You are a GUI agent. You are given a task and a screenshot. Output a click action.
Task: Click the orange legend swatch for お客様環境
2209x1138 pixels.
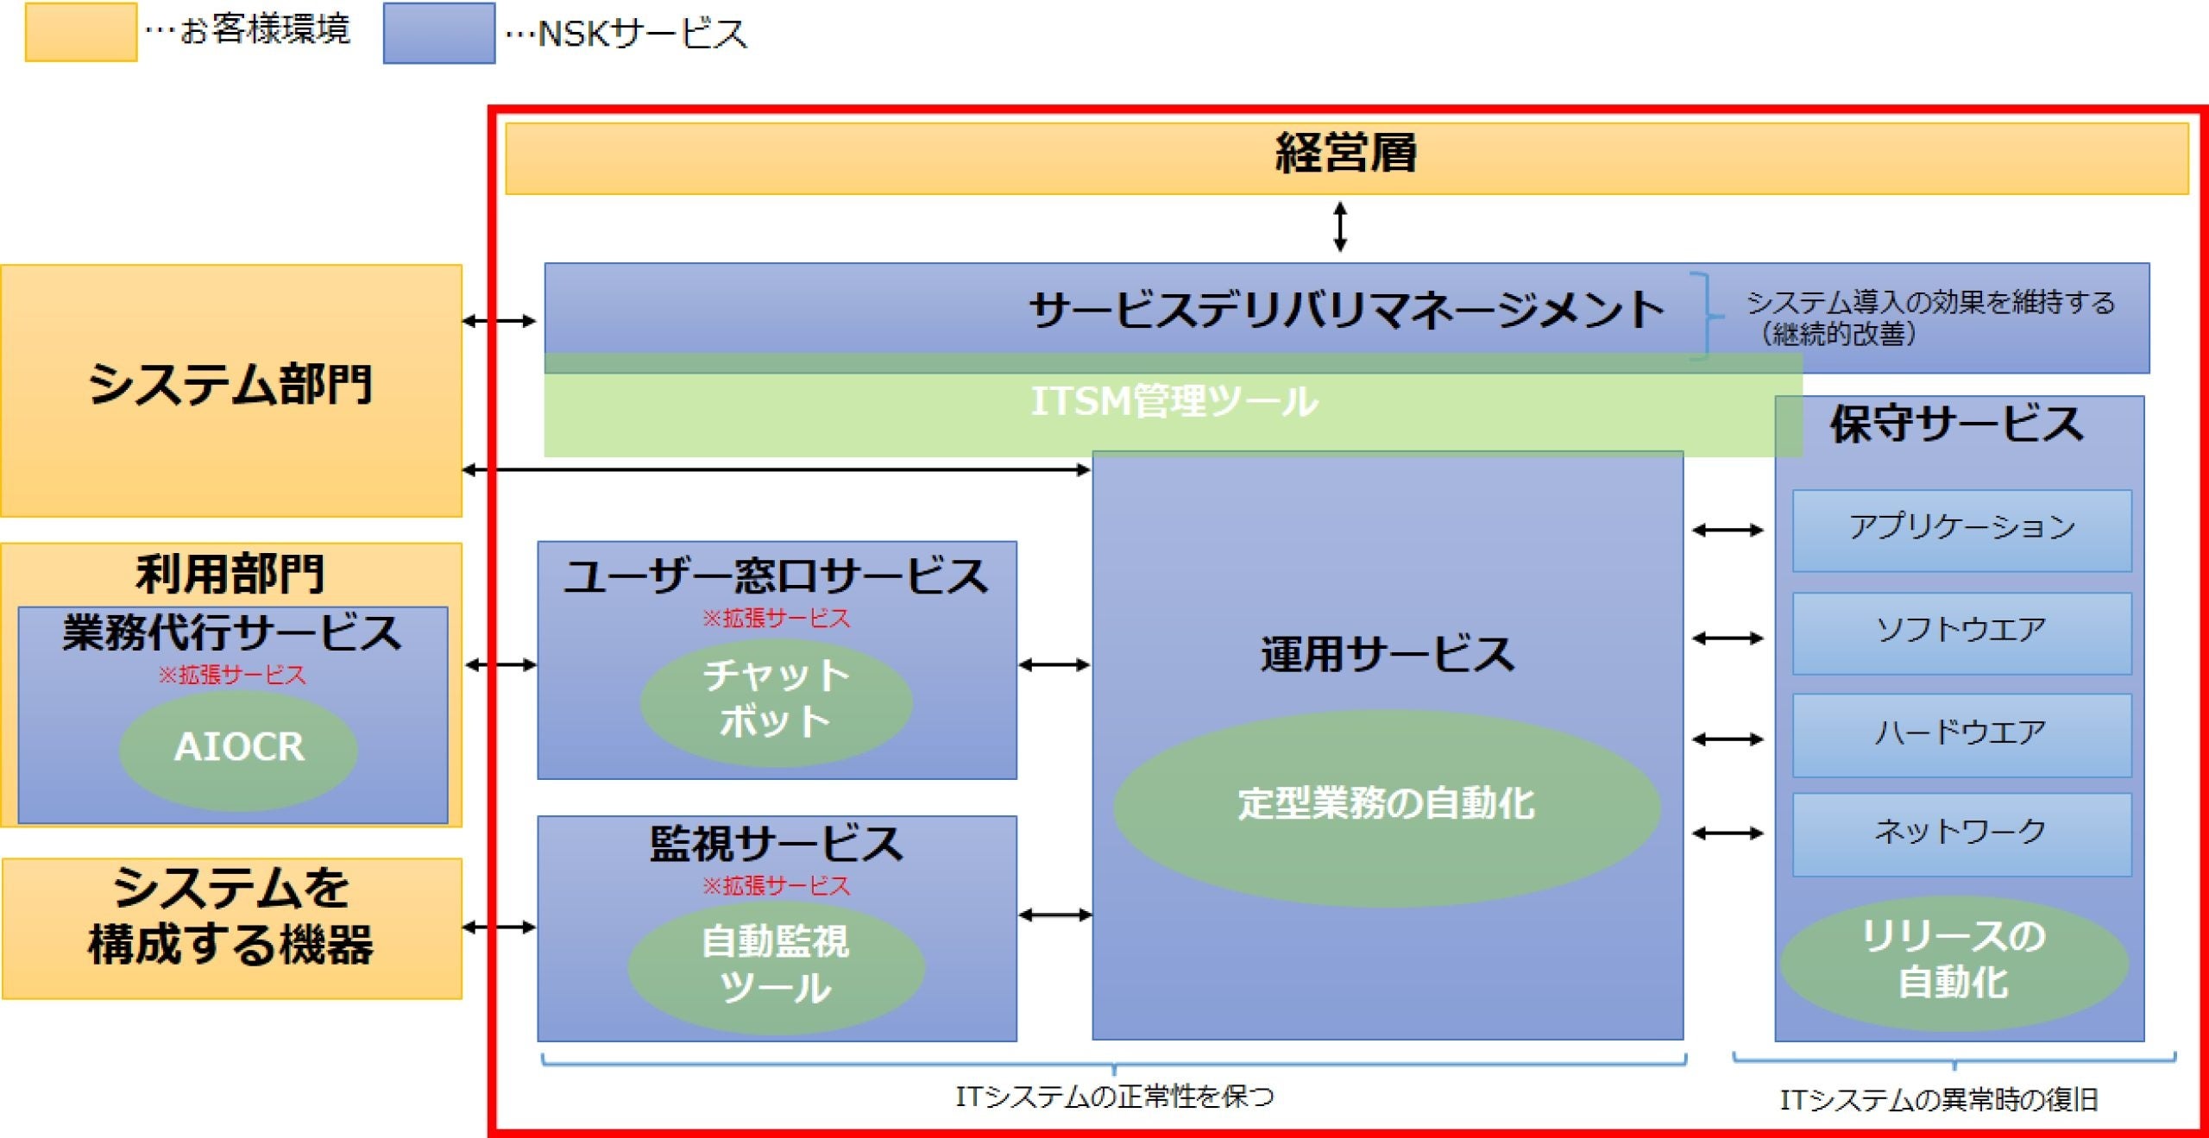coord(80,32)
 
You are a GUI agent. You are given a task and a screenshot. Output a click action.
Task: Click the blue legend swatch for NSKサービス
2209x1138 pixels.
coord(439,34)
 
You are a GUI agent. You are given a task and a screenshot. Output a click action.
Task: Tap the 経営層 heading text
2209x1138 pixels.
coord(1346,154)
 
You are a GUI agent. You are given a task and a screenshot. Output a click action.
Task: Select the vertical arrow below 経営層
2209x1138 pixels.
coord(1340,226)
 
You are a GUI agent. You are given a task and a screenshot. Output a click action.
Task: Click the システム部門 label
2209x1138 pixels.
coord(230,384)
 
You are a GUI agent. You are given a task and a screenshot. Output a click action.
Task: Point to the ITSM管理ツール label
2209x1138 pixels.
coord(1174,401)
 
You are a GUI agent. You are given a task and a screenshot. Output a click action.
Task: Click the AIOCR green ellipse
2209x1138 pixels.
coord(239,747)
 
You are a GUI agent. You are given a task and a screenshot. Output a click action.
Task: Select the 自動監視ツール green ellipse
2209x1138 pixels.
coord(776,965)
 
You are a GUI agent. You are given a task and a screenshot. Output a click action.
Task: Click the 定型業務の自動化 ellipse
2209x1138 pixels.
coord(1386,805)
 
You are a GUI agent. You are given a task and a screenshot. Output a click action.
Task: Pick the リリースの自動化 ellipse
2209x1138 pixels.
coord(1954,960)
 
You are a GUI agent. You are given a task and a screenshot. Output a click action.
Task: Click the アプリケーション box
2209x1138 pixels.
coord(1961,529)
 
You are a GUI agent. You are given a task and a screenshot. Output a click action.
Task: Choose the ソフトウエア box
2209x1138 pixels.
coord(1961,632)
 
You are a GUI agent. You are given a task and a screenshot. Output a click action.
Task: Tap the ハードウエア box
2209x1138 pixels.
coord(1961,734)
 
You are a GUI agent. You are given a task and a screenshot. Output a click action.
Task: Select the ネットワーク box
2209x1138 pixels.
coord(1961,833)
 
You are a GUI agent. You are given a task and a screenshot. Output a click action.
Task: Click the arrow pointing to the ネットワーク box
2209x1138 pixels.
coord(1728,833)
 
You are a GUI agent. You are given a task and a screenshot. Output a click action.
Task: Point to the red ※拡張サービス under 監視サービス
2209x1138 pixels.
coord(776,886)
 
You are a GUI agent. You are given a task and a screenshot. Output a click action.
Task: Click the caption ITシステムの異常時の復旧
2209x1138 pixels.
coord(1938,1100)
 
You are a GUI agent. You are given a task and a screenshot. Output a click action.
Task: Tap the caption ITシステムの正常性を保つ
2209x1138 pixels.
coord(1114,1097)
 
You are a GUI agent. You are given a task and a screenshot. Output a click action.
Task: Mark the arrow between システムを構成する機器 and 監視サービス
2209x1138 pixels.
coord(499,927)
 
